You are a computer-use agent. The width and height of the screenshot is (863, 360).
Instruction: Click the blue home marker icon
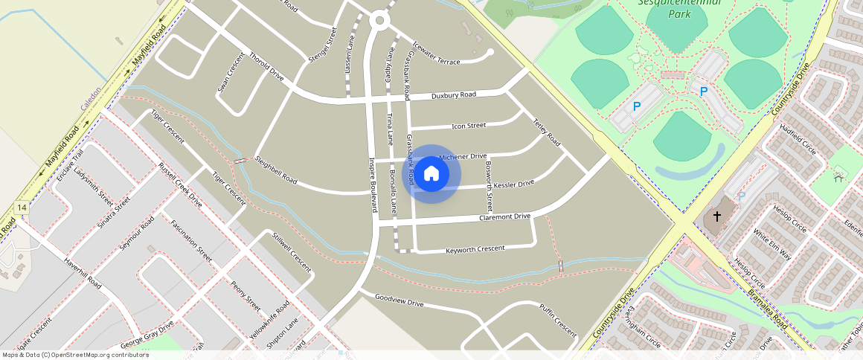tap(431, 174)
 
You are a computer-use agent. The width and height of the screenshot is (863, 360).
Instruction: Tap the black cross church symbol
tap(717, 216)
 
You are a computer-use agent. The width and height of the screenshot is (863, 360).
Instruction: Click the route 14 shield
tap(22, 208)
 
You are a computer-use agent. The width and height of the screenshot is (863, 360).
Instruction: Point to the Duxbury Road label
tap(453, 96)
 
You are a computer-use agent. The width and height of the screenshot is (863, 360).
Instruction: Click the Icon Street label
tap(468, 126)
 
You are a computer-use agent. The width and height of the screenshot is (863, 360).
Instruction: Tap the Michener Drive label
tap(463, 157)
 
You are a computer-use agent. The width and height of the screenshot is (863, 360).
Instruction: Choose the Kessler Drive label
tap(513, 184)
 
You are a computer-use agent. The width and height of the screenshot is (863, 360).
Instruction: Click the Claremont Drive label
tap(504, 216)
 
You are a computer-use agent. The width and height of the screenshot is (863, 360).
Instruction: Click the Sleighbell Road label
tap(276, 170)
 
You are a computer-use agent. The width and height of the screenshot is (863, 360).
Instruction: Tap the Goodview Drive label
tap(399, 300)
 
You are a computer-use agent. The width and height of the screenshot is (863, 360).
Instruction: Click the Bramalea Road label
tap(767, 310)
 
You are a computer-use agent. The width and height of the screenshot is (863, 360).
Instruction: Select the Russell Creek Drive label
tap(179, 184)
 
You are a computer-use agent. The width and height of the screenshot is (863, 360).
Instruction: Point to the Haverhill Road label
tap(82, 272)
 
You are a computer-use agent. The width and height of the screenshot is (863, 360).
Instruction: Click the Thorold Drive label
tap(266, 66)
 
